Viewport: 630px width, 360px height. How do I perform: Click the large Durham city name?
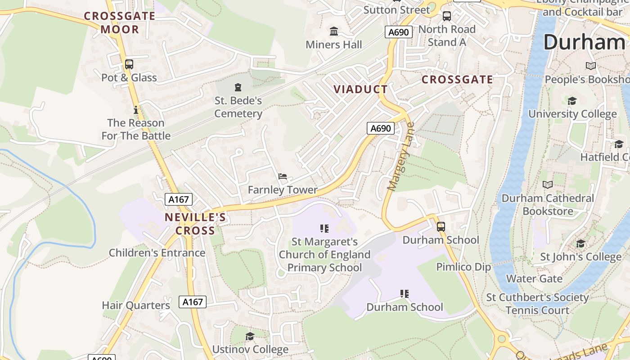pyautogui.click(x=584, y=42)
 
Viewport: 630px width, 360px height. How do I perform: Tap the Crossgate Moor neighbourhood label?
pyautogui.click(x=120, y=23)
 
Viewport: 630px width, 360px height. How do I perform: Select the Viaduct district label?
pyautogui.click(x=360, y=89)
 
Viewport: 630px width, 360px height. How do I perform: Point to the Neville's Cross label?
pyautogui.click(x=195, y=224)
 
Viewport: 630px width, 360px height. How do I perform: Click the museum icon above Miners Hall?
pyautogui.click(x=334, y=31)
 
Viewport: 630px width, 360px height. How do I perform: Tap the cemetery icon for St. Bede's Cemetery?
pyautogui.click(x=238, y=87)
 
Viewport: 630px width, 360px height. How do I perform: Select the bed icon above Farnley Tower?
pyautogui.click(x=283, y=176)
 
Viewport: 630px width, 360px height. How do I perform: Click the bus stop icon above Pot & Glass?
pyautogui.click(x=129, y=64)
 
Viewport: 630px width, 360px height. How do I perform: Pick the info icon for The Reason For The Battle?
pyautogui.click(x=136, y=110)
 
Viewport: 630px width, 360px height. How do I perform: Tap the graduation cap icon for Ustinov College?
pyautogui.click(x=250, y=336)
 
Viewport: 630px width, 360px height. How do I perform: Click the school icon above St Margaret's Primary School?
pyautogui.click(x=324, y=229)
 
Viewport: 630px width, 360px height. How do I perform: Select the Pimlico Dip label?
pyautogui.click(x=463, y=267)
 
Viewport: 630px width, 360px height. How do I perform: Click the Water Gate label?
pyautogui.click(x=534, y=279)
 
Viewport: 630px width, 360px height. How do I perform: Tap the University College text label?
pyautogui.click(x=572, y=114)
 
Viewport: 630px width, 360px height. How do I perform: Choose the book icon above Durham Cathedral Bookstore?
pyautogui.click(x=548, y=185)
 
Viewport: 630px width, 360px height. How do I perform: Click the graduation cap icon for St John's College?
pyautogui.click(x=581, y=244)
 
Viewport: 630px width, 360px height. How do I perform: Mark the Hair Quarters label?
pyautogui.click(x=136, y=306)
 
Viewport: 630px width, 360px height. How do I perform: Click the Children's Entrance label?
pyautogui.click(x=157, y=253)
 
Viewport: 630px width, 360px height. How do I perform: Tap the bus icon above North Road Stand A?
pyautogui.click(x=447, y=16)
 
